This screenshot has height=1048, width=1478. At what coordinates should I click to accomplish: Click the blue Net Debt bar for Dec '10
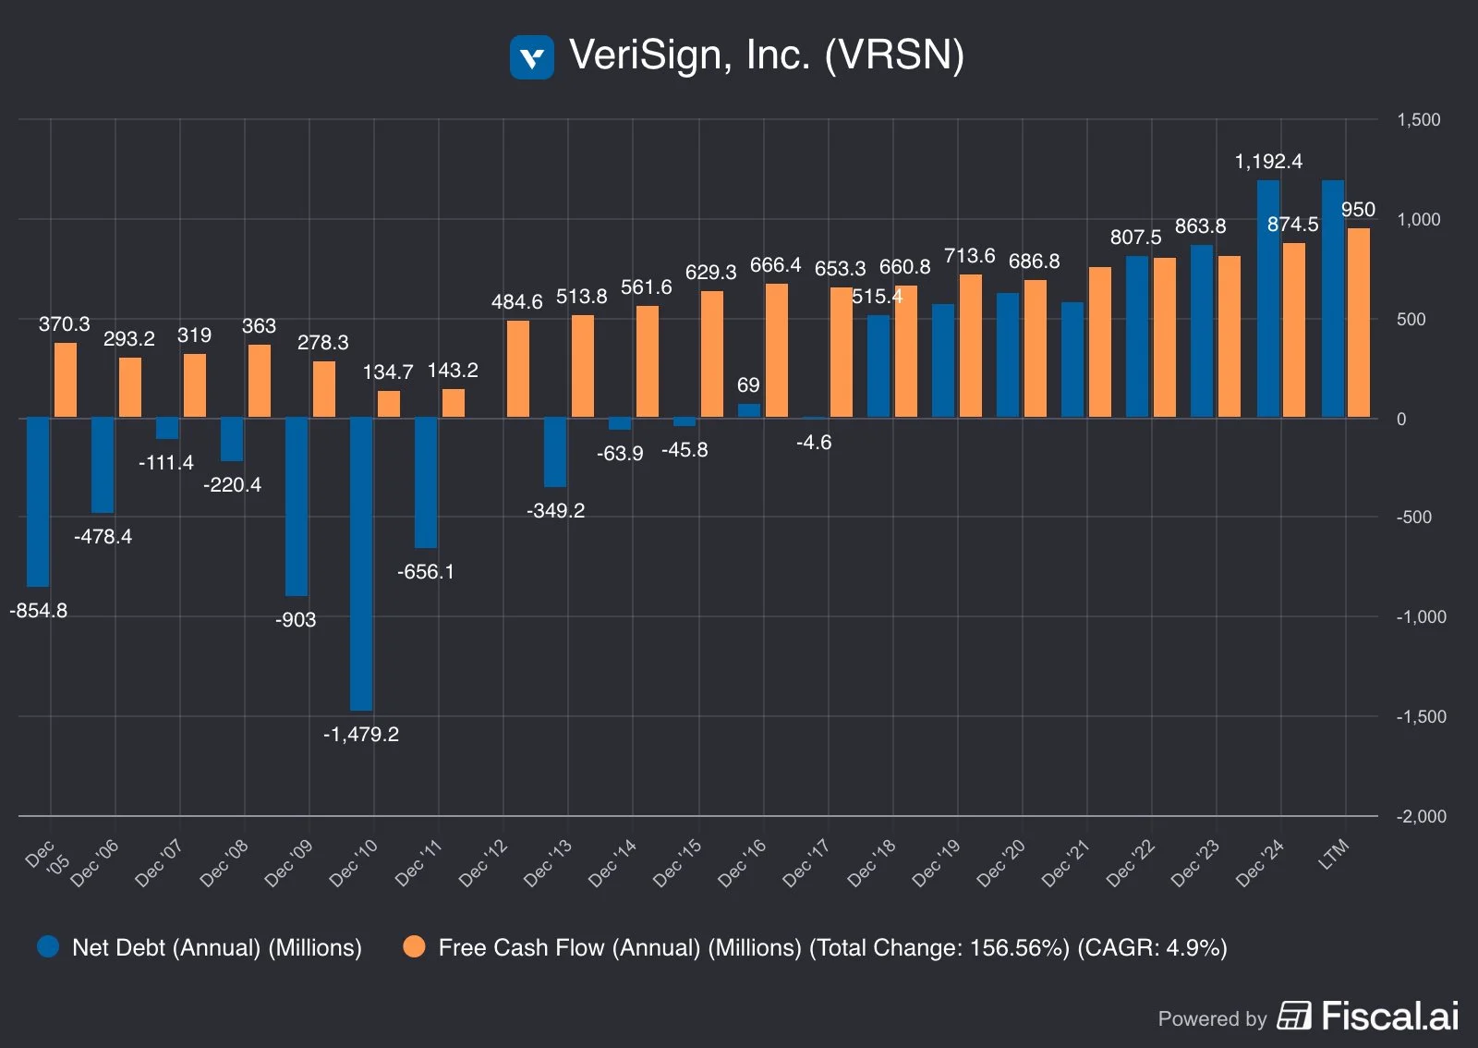(x=361, y=564)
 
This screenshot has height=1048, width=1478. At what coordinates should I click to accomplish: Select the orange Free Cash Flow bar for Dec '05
(x=66, y=381)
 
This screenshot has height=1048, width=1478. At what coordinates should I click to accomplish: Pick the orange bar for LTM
(x=1359, y=323)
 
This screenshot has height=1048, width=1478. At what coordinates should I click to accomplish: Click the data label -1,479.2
(x=361, y=735)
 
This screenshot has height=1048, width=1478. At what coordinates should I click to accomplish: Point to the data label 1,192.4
(x=1268, y=162)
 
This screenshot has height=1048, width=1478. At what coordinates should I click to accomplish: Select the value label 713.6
(x=969, y=256)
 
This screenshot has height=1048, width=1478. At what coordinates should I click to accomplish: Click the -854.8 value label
(x=39, y=611)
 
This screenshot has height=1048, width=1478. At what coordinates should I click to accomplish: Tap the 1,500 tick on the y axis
(x=1418, y=120)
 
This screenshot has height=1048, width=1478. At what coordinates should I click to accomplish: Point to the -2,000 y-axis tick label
(x=1421, y=817)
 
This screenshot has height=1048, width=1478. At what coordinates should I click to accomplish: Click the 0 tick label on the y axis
(x=1401, y=420)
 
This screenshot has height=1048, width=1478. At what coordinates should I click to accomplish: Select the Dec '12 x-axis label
(x=483, y=862)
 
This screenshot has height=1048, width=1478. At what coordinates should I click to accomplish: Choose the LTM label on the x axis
(x=1334, y=854)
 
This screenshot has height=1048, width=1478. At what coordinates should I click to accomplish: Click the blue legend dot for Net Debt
(x=48, y=947)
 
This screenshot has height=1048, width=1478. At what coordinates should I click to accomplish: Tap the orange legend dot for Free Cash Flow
(x=415, y=947)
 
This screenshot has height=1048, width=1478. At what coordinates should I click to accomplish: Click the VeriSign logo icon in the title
(x=531, y=57)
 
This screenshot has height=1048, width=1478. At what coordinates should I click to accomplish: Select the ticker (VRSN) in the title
(x=894, y=55)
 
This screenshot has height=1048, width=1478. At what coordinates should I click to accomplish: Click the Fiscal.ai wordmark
(x=1390, y=1017)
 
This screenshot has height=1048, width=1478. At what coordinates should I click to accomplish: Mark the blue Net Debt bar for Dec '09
(x=297, y=506)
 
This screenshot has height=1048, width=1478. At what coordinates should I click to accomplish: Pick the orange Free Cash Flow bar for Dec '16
(x=777, y=351)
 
